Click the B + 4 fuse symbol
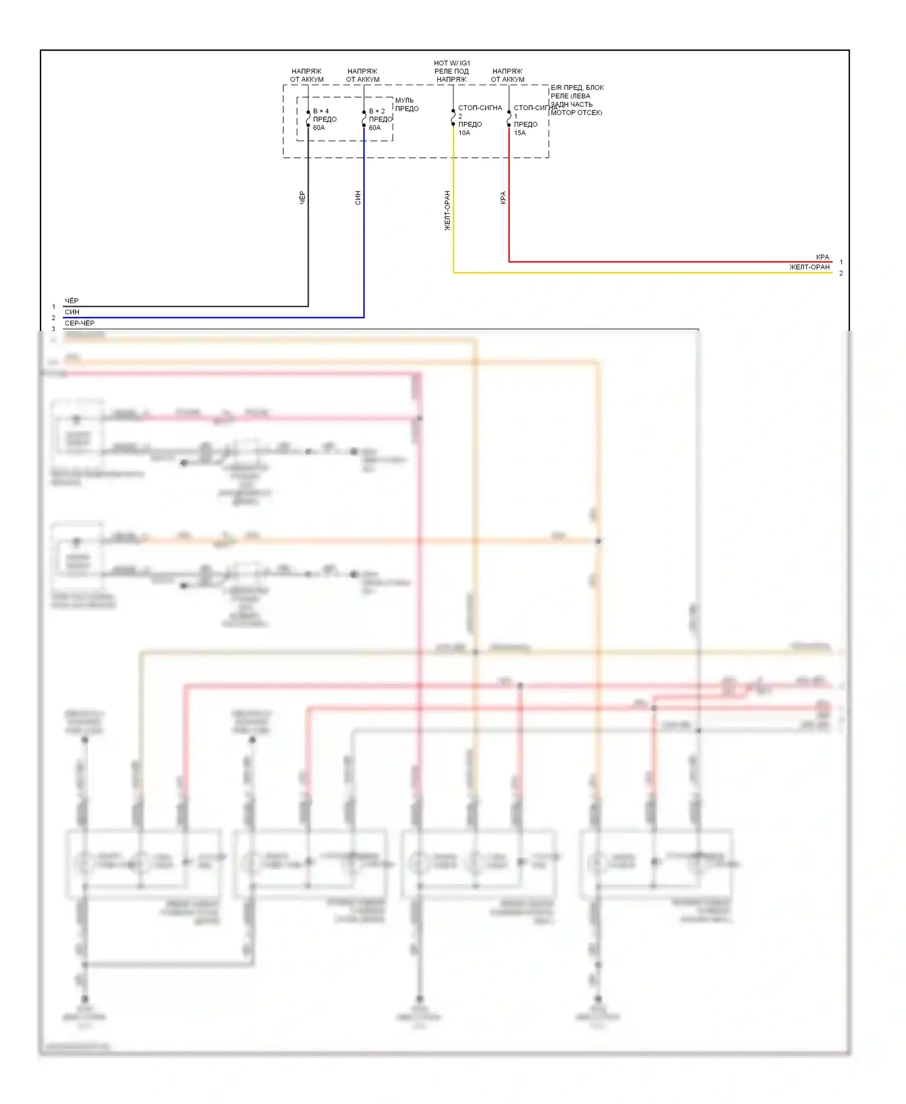(x=308, y=119)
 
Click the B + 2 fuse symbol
(x=364, y=119)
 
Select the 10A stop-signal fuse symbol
(x=453, y=117)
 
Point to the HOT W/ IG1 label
(x=452, y=63)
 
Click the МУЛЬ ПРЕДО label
(x=406, y=104)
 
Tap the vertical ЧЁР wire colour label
(x=302, y=197)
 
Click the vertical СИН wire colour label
(x=358, y=197)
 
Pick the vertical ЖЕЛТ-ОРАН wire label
(x=447, y=211)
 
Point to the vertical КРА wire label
(x=503, y=197)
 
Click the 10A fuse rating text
(x=464, y=133)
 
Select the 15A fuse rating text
(x=519, y=133)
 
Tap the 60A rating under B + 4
(x=319, y=127)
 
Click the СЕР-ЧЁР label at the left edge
(x=79, y=323)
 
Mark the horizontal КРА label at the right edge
(x=822, y=257)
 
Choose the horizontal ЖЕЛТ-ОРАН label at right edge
(x=809, y=267)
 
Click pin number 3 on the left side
(x=53, y=329)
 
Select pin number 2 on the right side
(x=841, y=273)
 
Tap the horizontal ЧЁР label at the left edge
(x=71, y=301)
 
